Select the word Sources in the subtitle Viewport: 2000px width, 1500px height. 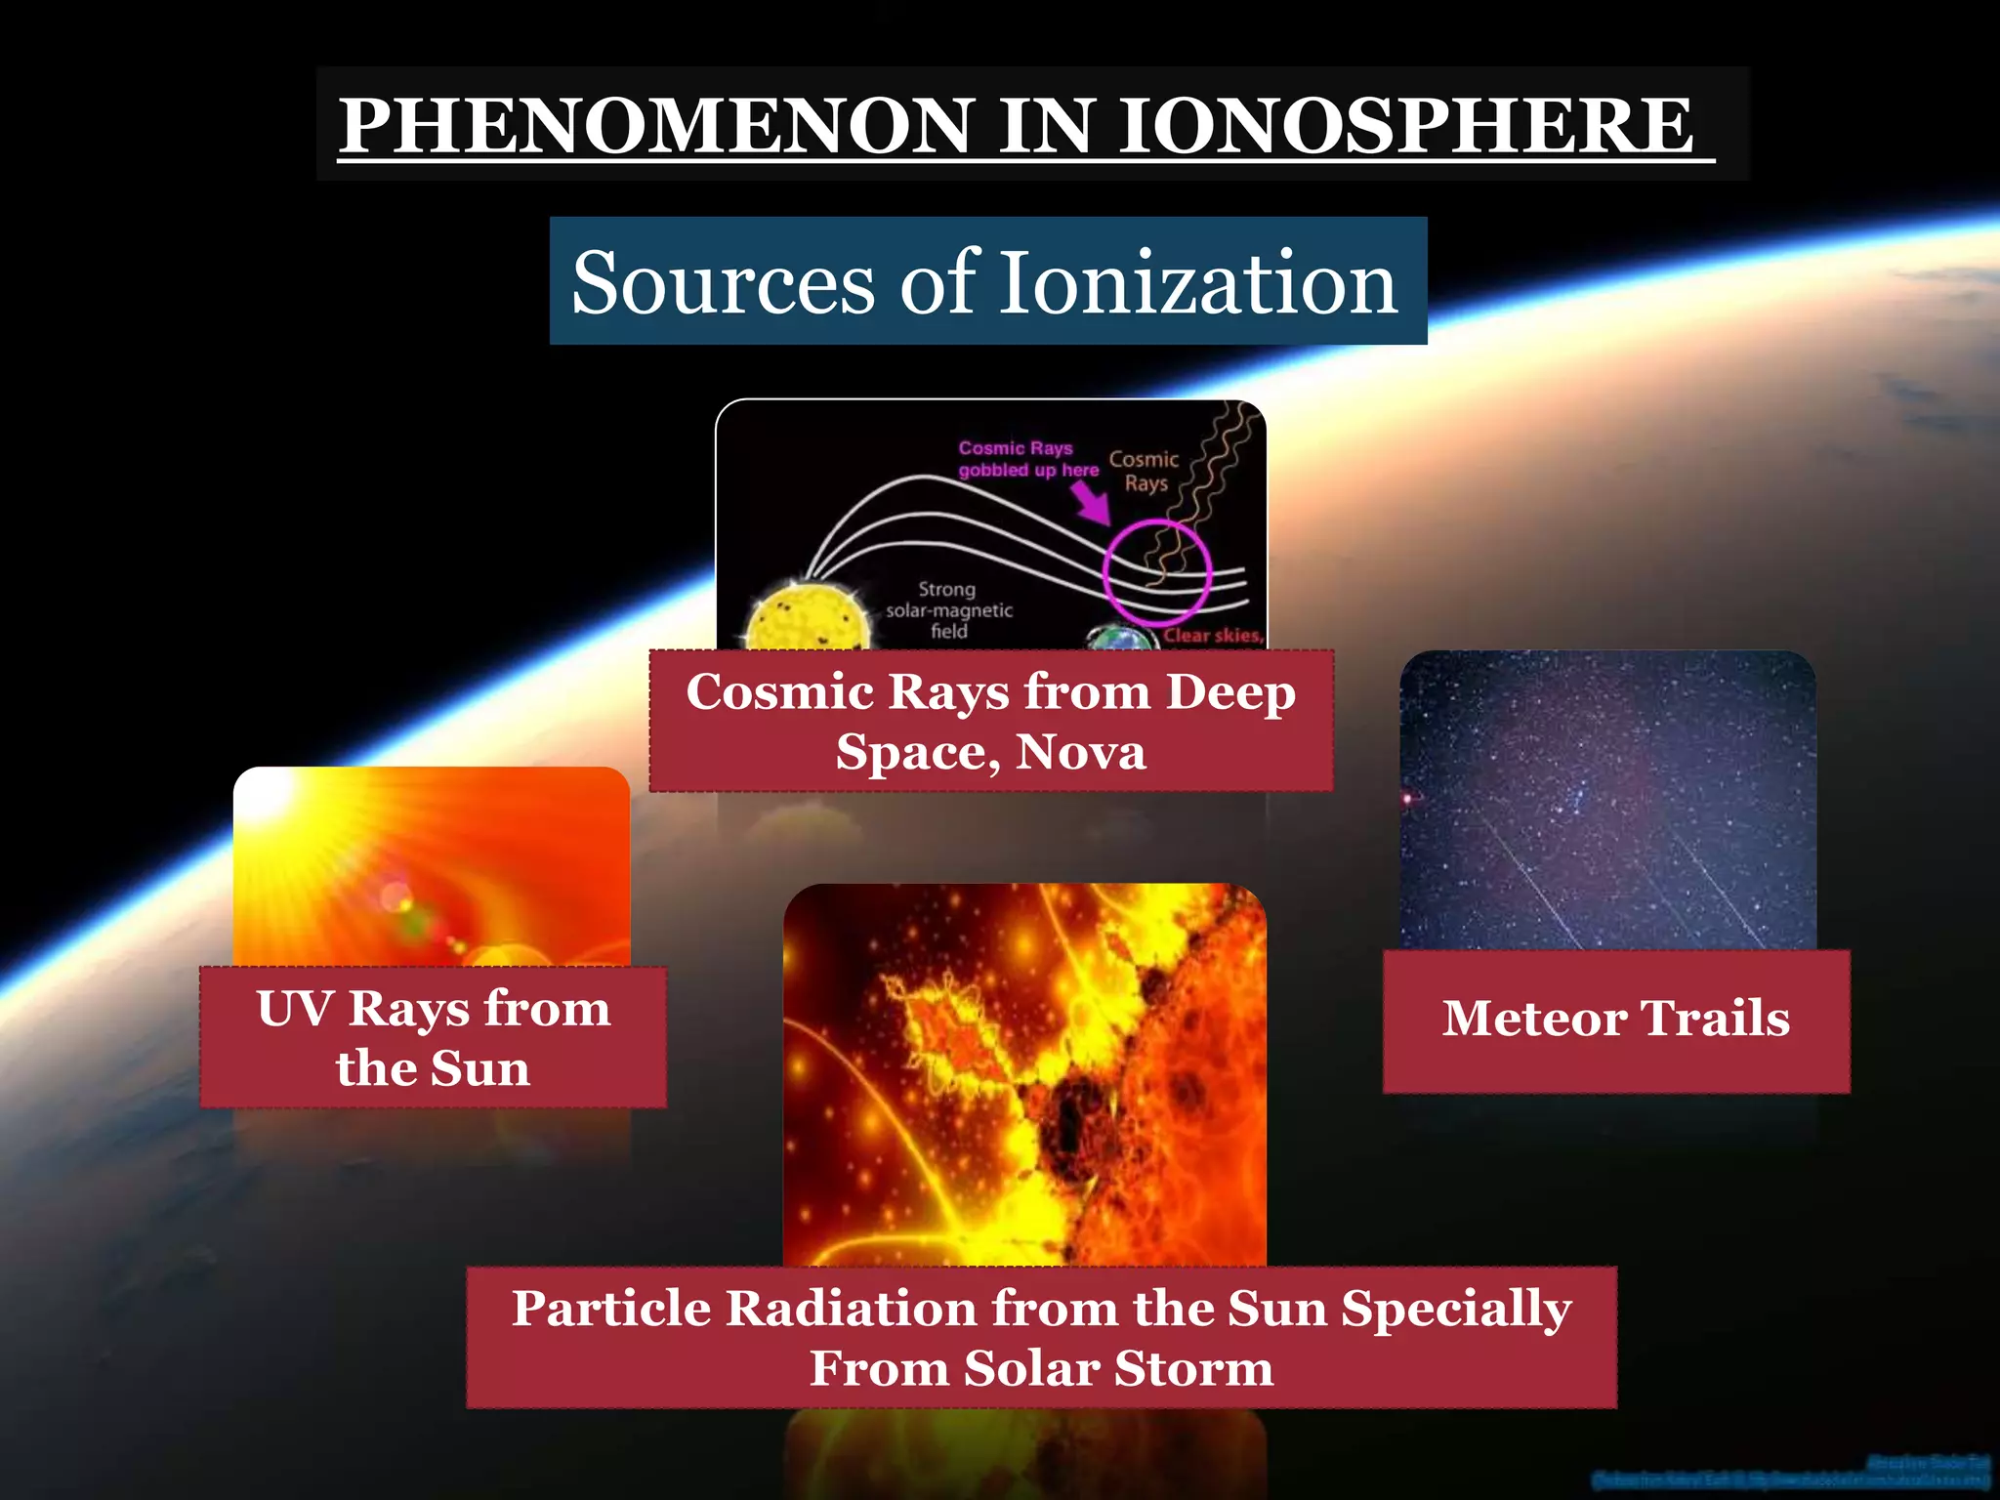coord(723,282)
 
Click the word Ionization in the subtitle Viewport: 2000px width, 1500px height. coord(1201,282)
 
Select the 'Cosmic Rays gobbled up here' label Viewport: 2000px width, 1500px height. coord(1027,459)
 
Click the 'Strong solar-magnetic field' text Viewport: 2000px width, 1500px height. coord(948,610)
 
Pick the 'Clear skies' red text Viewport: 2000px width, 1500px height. coord(1212,635)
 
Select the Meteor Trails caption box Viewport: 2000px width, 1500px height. coord(1616,1020)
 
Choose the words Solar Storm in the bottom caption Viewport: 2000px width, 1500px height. coord(1118,1368)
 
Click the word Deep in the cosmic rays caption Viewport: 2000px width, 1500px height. coord(1230,692)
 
